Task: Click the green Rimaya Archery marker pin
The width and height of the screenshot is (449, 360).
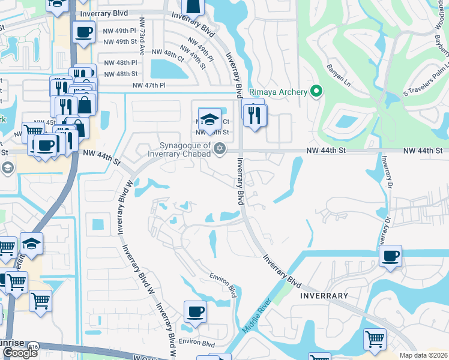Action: (x=316, y=92)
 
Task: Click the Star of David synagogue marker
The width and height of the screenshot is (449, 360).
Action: (x=220, y=148)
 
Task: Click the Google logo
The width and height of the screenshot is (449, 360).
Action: (x=20, y=353)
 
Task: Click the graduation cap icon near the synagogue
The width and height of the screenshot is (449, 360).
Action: (x=209, y=118)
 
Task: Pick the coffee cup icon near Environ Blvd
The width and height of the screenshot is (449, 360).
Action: (x=195, y=312)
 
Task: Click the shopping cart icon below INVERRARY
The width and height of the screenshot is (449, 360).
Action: (x=375, y=340)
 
